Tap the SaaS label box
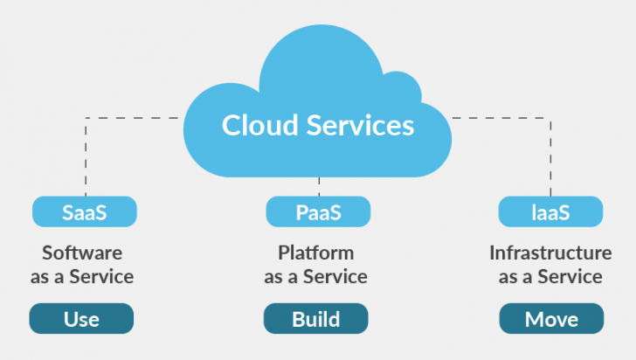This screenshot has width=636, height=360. [85, 211]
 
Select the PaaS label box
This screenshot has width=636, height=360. [317, 211]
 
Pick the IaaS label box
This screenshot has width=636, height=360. [550, 211]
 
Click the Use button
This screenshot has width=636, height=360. [81, 319]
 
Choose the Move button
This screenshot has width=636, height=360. [550, 319]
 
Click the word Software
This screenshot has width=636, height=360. [82, 253]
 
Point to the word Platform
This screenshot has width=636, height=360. [316, 253]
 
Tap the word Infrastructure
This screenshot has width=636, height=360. [550, 253]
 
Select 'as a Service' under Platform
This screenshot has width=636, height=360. [316, 277]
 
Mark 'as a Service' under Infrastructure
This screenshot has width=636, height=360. [550, 277]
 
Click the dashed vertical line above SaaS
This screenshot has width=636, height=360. [86, 157]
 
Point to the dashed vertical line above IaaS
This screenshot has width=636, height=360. [550, 157]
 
